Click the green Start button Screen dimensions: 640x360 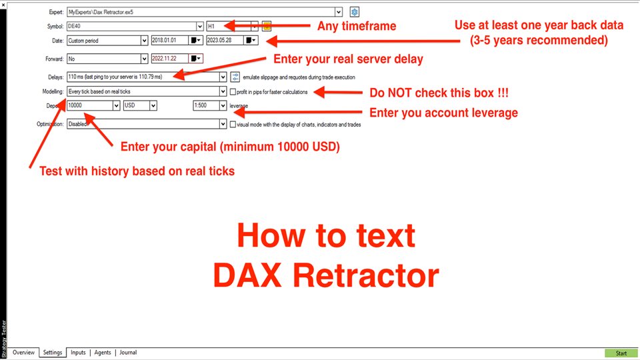tap(621, 353)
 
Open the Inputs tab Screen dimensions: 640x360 tap(78, 352)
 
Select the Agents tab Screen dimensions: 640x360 tap(103, 352)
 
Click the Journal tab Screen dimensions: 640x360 tap(128, 352)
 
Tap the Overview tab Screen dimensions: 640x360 tap(24, 352)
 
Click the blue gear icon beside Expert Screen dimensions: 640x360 tap(354, 12)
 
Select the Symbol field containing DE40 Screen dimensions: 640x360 tap(135, 26)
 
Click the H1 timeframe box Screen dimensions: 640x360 tap(232, 26)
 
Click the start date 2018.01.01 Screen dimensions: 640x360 tap(170, 41)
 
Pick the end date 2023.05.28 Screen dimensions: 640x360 tap(225, 41)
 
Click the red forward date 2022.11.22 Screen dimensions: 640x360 tap(170, 59)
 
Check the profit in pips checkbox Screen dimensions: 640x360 tap(233, 92)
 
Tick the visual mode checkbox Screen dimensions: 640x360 tap(233, 125)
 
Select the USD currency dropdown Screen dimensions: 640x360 tap(140, 105)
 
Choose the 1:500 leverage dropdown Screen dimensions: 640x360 tap(210, 105)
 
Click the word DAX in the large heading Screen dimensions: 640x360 tap(247, 275)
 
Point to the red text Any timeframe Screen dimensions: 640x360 tap(357, 26)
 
